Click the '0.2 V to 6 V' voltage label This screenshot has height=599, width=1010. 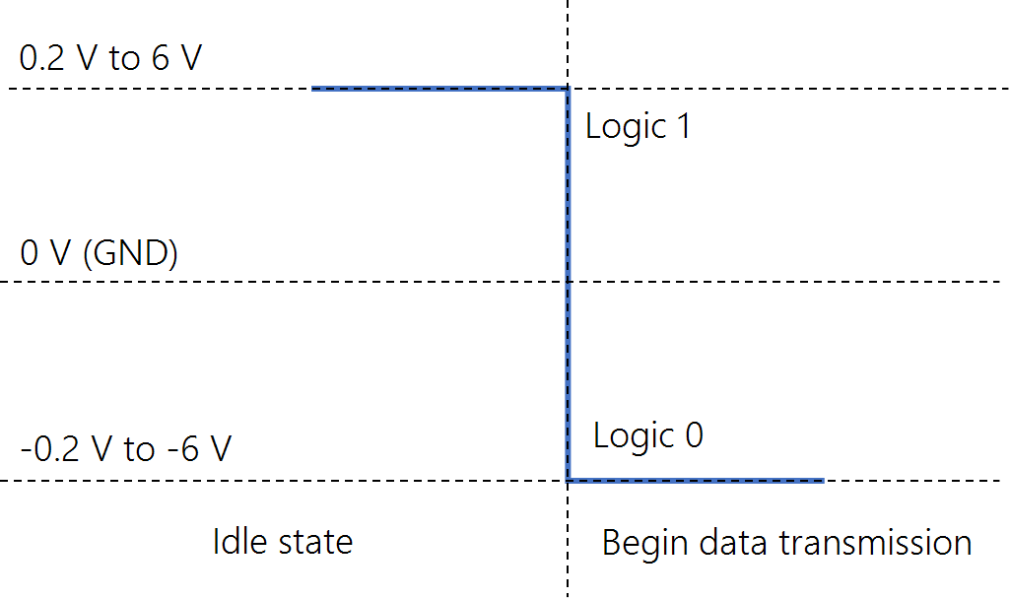tap(110, 58)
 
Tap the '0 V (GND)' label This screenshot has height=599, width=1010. tap(100, 252)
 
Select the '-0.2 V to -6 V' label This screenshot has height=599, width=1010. tap(126, 448)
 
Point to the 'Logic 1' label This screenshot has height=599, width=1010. tap(639, 127)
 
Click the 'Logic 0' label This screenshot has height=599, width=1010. tap(648, 436)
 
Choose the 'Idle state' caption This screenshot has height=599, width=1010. tap(283, 542)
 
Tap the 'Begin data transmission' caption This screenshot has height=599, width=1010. tap(786, 543)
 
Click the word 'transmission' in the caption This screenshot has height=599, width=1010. tap(875, 542)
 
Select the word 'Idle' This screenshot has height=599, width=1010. tap(239, 541)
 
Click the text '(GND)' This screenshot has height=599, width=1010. tap(131, 252)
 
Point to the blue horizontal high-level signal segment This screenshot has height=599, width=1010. tap(439, 89)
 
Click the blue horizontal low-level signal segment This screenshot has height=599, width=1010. tap(696, 481)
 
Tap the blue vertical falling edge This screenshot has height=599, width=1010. tap(569, 285)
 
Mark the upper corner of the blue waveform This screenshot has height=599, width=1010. tap(569, 89)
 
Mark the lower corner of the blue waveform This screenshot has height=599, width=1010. tap(569, 481)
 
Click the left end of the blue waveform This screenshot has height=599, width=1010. tap(312, 89)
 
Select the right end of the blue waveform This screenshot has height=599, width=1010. tap(824, 481)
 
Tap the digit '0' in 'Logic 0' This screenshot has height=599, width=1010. tap(695, 435)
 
